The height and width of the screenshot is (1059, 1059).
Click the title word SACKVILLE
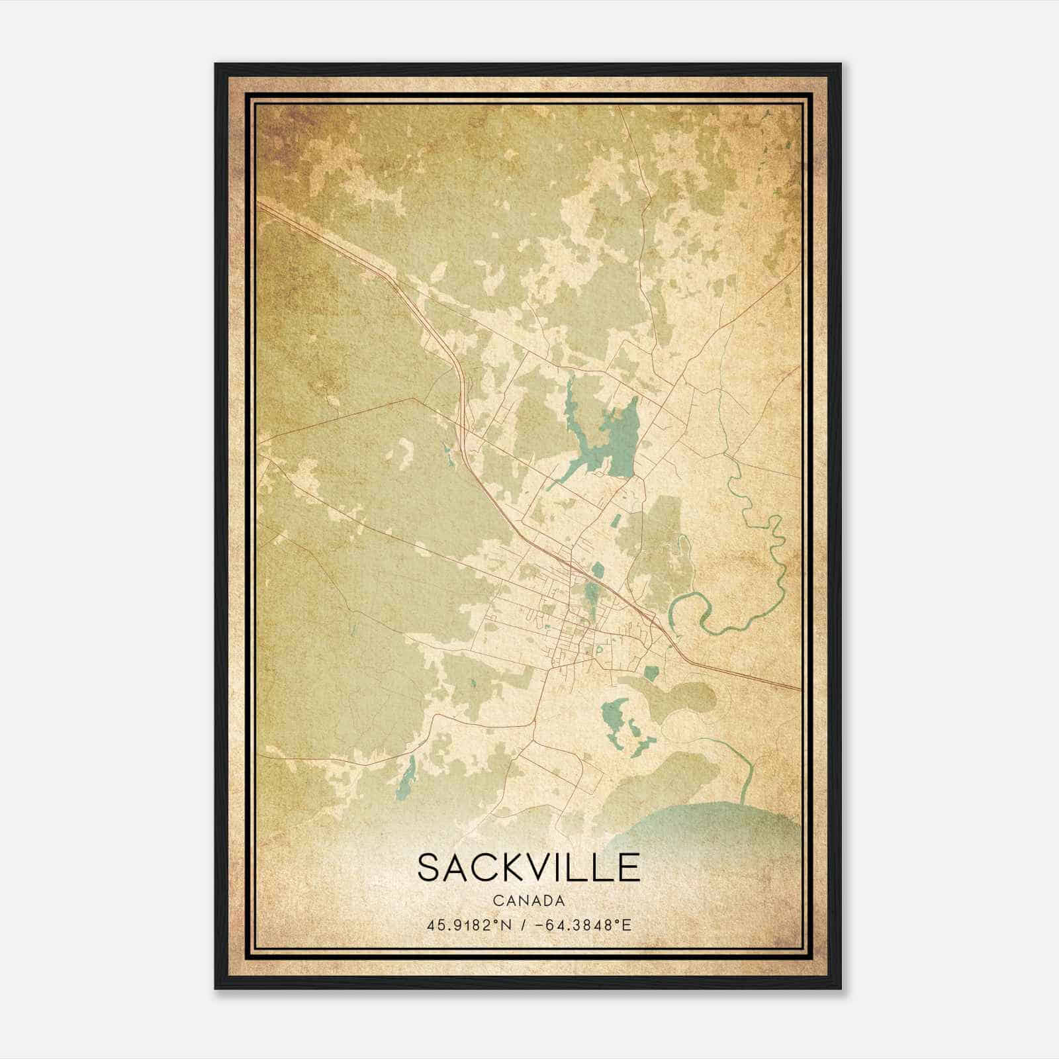528,867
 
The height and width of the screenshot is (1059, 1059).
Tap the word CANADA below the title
528,901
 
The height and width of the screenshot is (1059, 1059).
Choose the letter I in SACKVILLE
568,867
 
